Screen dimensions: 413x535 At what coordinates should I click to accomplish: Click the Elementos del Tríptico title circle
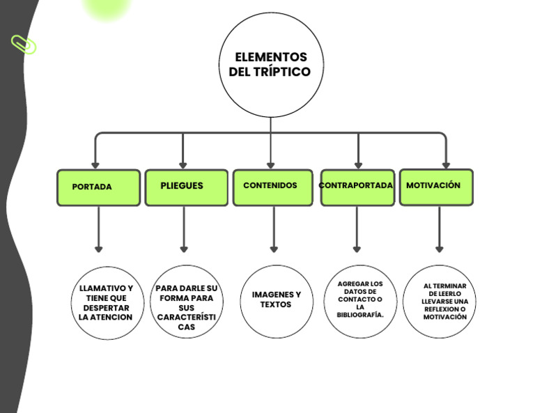click(x=271, y=65)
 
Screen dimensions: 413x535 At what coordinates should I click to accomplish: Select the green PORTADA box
click(x=98, y=187)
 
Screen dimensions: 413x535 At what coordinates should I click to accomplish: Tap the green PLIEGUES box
click(x=186, y=187)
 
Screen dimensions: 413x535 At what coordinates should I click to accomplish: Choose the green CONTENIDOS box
click(x=272, y=187)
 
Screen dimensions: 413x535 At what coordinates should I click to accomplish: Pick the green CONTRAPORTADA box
click(x=357, y=187)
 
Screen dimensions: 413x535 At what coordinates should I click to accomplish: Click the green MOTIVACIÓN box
click(x=436, y=187)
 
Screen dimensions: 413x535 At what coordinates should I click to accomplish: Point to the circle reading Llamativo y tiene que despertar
click(x=107, y=303)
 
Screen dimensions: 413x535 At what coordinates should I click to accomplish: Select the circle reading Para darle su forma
click(x=186, y=302)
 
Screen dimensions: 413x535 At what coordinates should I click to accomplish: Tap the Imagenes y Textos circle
click(x=277, y=301)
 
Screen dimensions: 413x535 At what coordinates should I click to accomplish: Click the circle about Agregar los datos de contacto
click(x=360, y=301)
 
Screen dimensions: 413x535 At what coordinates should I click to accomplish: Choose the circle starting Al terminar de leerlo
click(x=439, y=301)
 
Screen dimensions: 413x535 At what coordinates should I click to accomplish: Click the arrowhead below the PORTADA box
click(x=99, y=249)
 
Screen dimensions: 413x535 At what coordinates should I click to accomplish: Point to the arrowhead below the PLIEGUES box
click(x=184, y=249)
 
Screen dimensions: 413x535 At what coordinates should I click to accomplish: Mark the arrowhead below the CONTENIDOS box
click(x=274, y=249)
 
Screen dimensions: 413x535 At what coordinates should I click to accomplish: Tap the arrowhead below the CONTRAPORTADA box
click(x=357, y=249)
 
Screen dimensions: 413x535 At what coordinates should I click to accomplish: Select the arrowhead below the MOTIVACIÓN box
click(x=439, y=249)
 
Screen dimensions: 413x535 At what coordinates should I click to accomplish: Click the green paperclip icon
click(x=24, y=45)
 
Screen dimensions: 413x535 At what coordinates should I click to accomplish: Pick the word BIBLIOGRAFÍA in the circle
click(x=360, y=315)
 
